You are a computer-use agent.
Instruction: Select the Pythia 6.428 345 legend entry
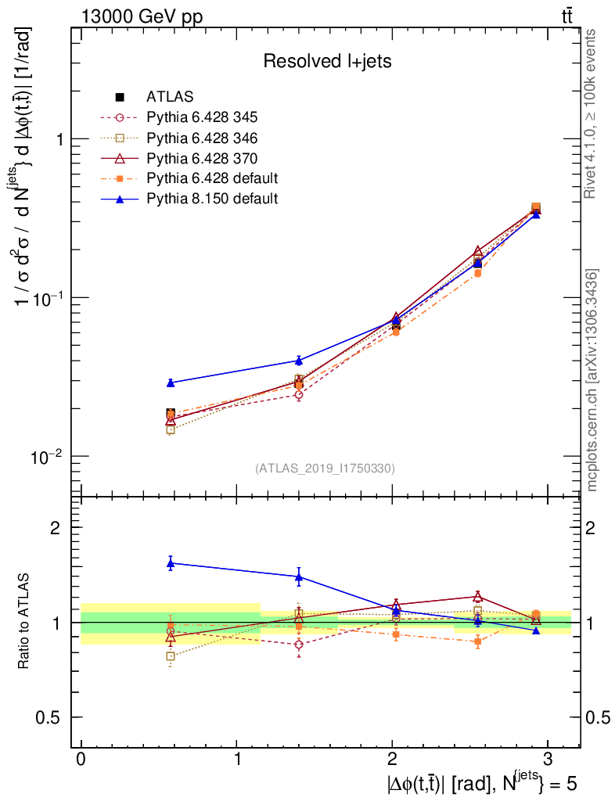pos(202,117)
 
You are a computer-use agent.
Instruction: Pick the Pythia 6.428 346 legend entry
pos(202,138)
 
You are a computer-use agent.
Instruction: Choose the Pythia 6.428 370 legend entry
pos(202,158)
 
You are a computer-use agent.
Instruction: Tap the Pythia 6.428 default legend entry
pos(212,178)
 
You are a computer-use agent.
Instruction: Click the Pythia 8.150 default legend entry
pos(212,199)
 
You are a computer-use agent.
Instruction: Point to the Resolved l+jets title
pos(327,61)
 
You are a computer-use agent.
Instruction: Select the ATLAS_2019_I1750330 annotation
pos(325,469)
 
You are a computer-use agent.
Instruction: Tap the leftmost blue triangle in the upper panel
pos(171,383)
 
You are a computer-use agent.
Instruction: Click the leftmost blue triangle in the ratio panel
pos(171,562)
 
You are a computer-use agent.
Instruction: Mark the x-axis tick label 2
pos(392,760)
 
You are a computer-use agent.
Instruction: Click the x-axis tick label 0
pos(81,760)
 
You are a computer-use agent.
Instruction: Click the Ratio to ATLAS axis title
pos(24,622)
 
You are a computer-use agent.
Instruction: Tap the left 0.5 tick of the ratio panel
pos(52,718)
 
